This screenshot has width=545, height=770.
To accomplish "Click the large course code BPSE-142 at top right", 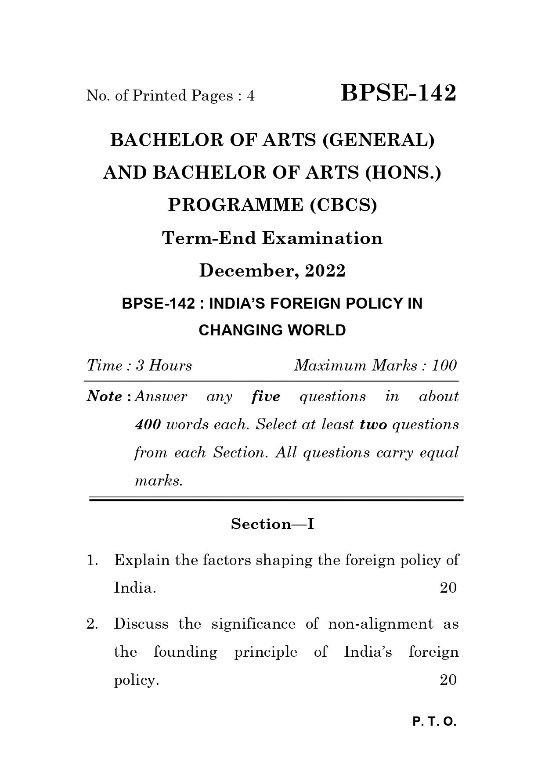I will [398, 93].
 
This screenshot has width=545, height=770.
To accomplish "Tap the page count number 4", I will [250, 96].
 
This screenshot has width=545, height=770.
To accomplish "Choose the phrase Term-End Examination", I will [272, 238].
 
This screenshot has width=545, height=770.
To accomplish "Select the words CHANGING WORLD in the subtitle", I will [272, 330].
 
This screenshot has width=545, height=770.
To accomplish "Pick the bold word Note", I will [105, 396].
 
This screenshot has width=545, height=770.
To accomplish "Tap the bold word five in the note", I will [266, 396].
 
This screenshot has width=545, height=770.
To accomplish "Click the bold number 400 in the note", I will [148, 425].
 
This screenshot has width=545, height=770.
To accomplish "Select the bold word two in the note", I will [373, 425].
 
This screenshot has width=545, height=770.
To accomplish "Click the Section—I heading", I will [272, 524].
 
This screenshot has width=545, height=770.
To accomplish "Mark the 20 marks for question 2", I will [448, 680].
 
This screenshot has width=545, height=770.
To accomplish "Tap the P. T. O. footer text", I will [434, 722].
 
